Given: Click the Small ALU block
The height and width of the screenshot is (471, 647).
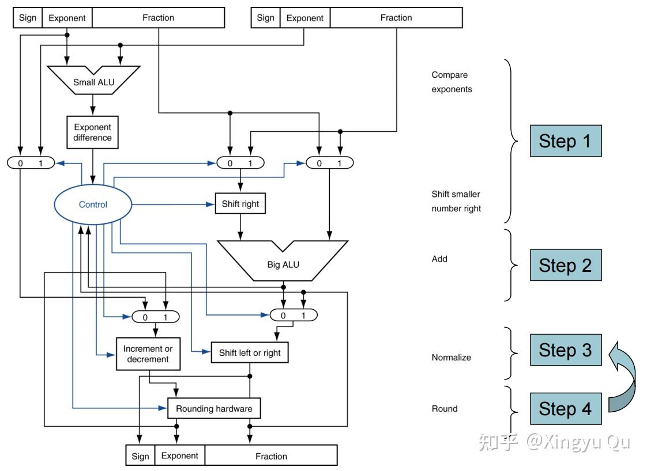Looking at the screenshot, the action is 93,81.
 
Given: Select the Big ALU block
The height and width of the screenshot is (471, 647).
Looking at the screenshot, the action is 283,262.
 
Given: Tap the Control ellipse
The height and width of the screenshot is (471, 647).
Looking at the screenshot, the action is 93,204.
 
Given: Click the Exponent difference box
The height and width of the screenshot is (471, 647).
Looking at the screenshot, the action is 92,132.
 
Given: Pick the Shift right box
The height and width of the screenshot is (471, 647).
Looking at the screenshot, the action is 240,204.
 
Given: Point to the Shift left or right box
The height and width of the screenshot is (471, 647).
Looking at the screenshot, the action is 250,353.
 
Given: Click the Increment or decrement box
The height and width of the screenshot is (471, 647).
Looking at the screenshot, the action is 148,354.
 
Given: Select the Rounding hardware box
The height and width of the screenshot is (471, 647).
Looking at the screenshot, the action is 214,408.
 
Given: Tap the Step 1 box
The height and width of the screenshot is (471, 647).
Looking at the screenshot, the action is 566,141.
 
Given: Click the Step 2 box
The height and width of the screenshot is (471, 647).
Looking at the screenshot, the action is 566,265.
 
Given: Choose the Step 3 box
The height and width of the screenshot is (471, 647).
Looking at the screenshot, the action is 566,350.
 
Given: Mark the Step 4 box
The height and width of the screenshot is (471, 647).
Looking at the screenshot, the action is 566,409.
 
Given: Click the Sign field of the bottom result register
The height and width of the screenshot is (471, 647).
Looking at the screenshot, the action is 140,456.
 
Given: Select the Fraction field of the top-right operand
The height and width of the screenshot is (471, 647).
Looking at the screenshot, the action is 396,18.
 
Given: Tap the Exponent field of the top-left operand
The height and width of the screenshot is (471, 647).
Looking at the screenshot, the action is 67,18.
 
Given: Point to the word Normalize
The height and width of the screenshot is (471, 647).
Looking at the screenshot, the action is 451,357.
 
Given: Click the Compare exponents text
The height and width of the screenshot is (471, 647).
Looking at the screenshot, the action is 452,82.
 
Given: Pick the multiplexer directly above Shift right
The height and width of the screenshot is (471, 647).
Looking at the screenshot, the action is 240,163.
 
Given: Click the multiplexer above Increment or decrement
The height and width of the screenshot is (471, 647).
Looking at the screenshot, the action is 156,317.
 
